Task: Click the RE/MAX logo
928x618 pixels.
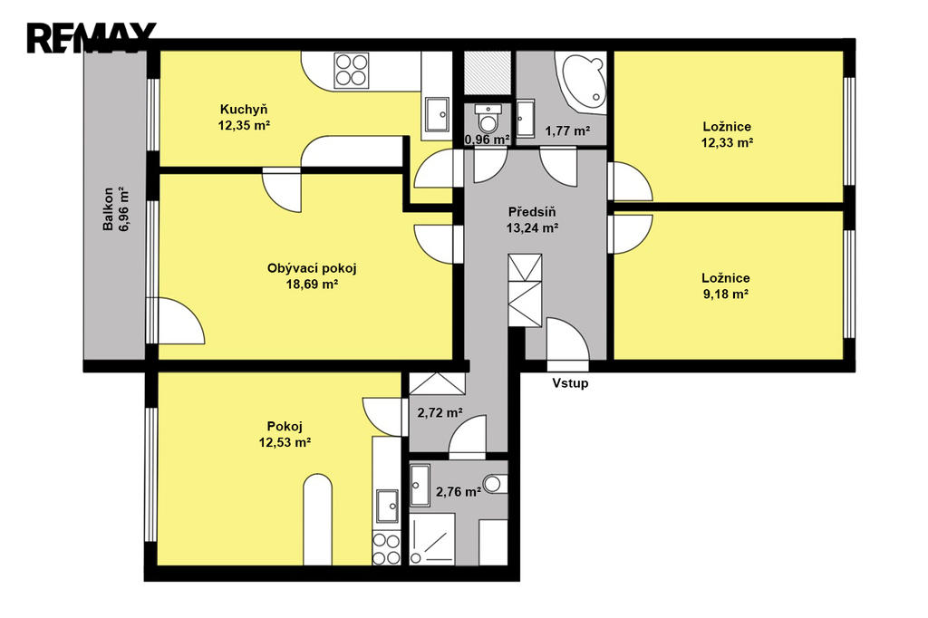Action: pos(92,38)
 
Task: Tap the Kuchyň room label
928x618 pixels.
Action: pos(244,110)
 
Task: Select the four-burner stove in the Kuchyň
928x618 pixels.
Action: pos(351,71)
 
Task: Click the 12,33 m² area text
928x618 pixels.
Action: pos(727,142)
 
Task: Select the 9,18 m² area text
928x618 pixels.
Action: pos(726,295)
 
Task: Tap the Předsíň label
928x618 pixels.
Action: pos(532,212)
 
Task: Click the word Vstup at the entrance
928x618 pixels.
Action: pos(571,383)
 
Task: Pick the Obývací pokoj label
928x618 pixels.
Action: pos(312,268)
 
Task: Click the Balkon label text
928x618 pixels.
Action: pos(109,209)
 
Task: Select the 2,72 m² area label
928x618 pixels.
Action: pos(440,412)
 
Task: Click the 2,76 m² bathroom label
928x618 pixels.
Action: pos(458,491)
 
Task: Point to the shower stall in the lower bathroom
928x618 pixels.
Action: pos(432,538)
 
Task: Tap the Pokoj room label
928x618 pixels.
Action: pos(285,426)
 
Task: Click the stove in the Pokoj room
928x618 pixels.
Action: pos(386,549)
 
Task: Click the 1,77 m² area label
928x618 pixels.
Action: pos(567,130)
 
